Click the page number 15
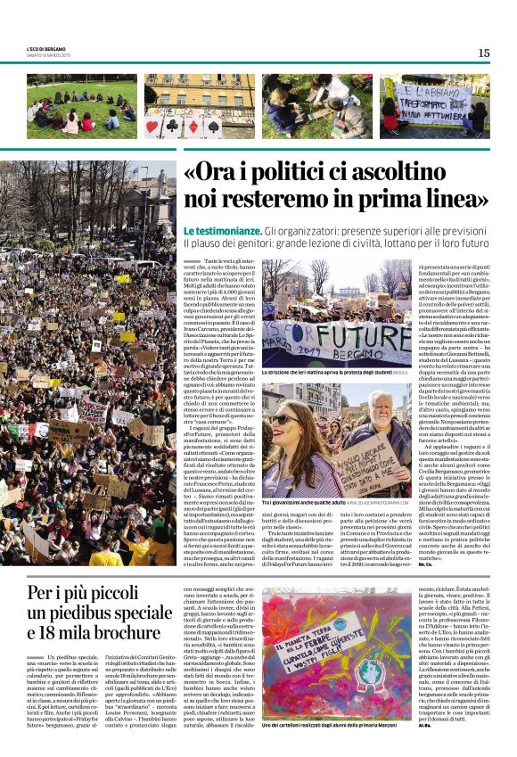483,53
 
